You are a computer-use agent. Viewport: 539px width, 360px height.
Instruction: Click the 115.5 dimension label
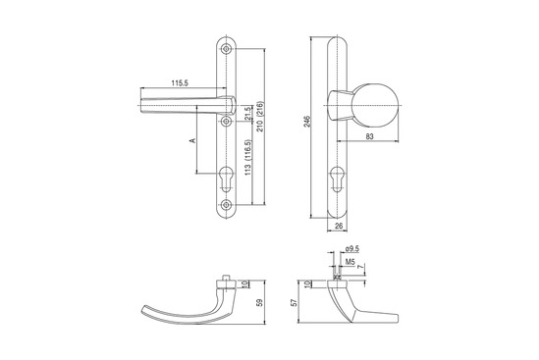[x=180, y=83]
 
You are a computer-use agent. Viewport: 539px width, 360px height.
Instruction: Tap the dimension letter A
[x=192, y=140]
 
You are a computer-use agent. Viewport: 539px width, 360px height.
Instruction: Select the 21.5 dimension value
[x=248, y=114]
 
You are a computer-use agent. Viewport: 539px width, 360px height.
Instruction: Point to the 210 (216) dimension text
[x=260, y=117]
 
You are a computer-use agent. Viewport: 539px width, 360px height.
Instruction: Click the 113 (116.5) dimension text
[x=248, y=158]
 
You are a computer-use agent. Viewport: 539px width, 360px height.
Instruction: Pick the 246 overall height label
[x=307, y=122]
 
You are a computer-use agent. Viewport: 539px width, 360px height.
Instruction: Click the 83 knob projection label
[x=369, y=136]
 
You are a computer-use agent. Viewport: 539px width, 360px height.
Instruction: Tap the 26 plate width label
[x=339, y=226]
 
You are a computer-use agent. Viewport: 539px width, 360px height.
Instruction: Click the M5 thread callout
[x=350, y=262]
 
